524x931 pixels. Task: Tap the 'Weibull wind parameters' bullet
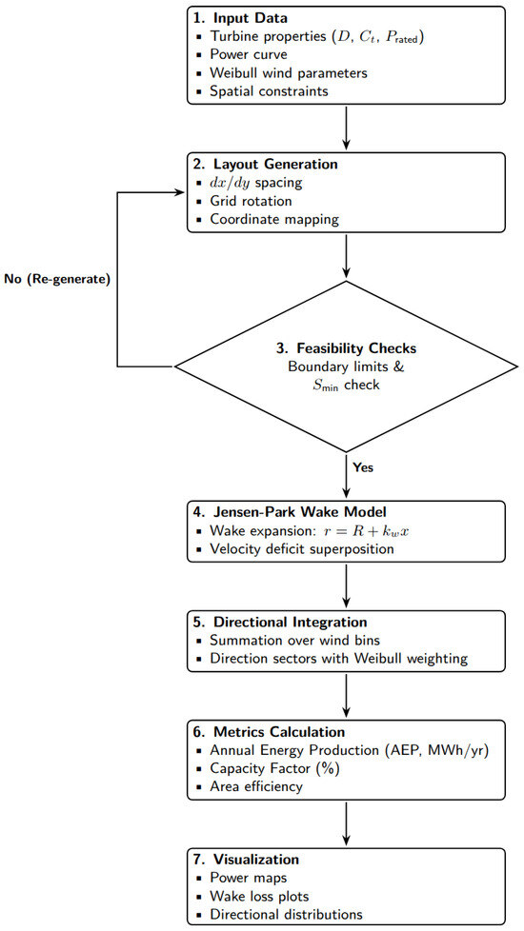click(288, 73)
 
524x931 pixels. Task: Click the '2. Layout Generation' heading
click(266, 165)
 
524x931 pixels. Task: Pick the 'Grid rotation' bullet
click(251, 201)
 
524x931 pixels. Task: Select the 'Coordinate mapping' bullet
click(273, 219)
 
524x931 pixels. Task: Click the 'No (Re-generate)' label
click(57, 280)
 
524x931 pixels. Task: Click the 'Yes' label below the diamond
click(363, 467)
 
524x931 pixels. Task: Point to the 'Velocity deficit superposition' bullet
click(302, 549)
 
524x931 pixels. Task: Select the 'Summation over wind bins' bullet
click(293, 641)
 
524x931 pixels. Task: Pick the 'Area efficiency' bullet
click(256, 786)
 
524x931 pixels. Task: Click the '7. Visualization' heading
click(247, 860)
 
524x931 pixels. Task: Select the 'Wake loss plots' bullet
click(260, 896)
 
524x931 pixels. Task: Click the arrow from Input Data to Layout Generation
click(347, 127)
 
